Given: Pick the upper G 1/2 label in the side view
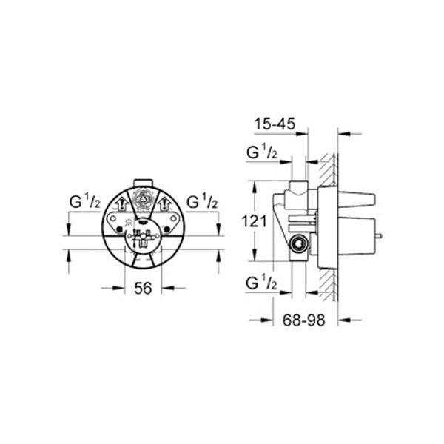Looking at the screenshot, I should (262, 153).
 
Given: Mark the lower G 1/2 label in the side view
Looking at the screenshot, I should (262, 283).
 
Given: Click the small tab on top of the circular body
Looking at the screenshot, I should (141, 182).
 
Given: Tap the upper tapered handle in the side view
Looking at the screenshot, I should (361, 198).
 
